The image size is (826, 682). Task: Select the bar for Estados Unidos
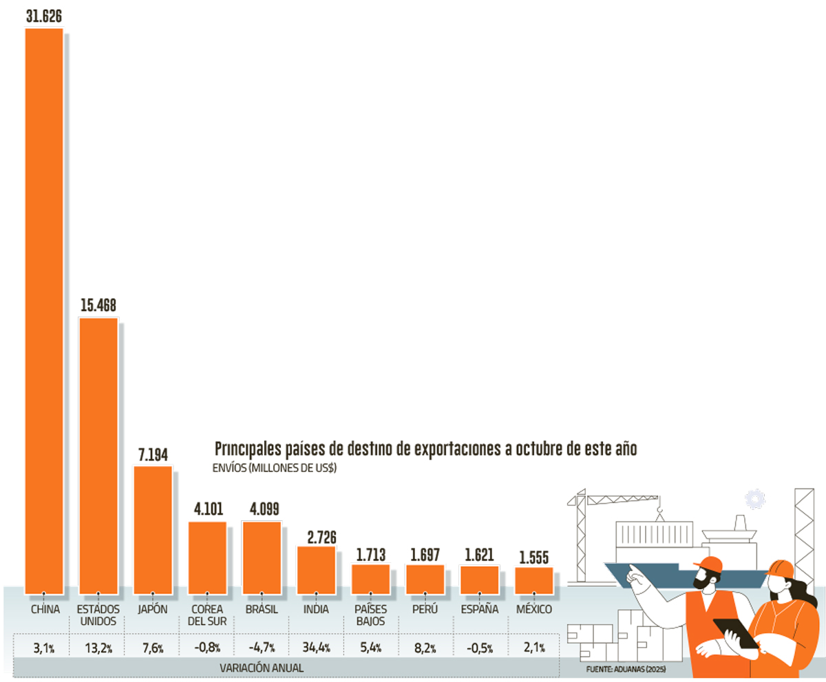98,454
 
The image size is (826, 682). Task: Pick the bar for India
316,568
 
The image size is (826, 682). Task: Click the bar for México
533,579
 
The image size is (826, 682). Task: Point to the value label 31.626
44,16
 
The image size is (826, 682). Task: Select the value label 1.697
425,554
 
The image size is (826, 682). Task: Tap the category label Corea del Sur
207,615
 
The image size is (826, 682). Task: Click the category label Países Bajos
370,615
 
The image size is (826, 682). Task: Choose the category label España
479,610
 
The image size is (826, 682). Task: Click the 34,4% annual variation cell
316,647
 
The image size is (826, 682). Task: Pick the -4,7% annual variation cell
262,647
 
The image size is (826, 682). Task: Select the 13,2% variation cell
98,647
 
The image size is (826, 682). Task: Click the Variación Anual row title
262,668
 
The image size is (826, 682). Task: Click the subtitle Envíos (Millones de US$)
277,468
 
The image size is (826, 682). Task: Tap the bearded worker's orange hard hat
709,563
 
